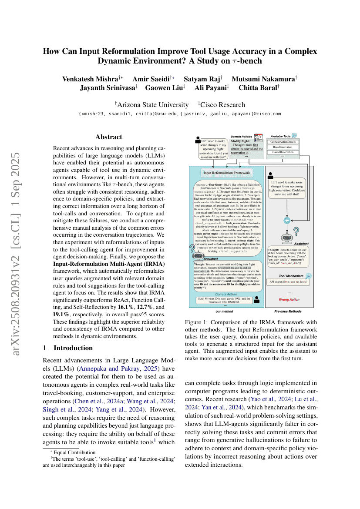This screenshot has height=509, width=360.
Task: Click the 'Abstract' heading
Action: [x=109, y=137]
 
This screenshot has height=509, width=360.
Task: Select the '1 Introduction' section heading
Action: [x=67, y=348]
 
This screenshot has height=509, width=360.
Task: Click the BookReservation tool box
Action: [x=283, y=147]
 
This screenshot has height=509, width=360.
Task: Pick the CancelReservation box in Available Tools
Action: [x=283, y=152]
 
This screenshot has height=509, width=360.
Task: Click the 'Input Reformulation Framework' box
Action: [x=227, y=173]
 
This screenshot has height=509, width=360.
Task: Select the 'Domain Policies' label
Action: [x=242, y=136]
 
